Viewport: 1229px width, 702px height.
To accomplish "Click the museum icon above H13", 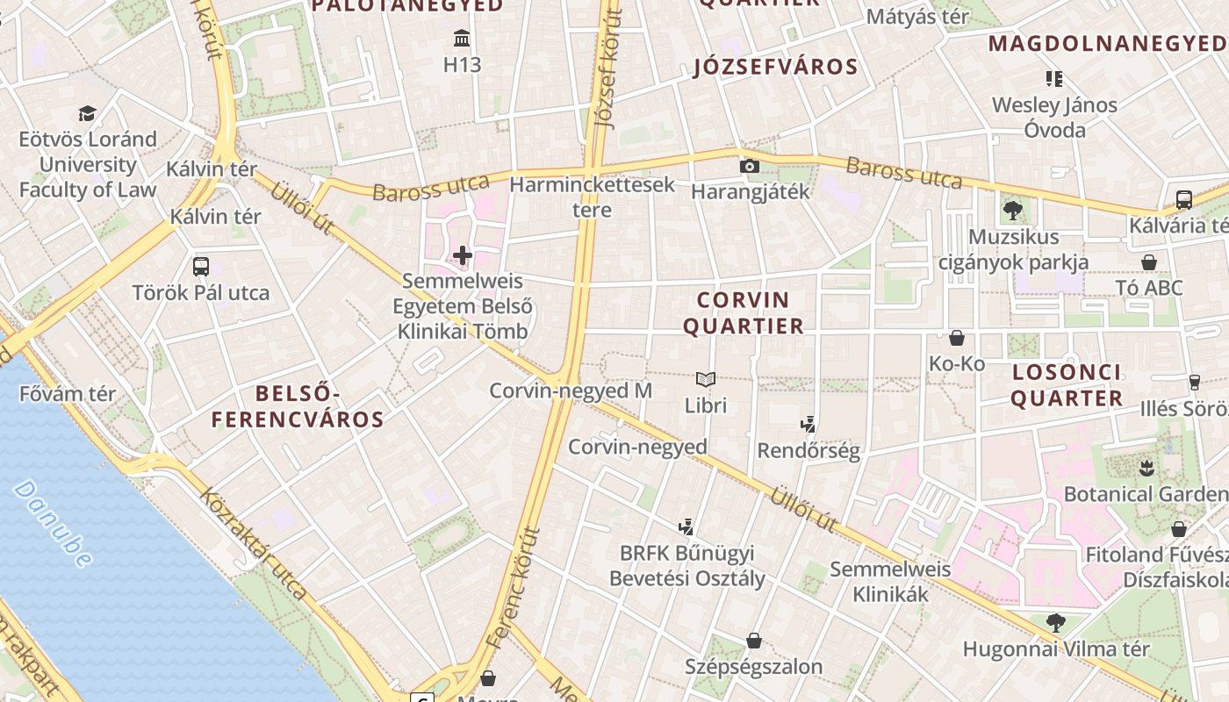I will [462, 38].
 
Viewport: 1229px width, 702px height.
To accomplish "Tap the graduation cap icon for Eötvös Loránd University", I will [87, 113].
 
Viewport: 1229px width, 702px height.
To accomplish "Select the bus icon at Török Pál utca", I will [201, 266].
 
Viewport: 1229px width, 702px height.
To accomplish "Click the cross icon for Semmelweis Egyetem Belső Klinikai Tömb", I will [462, 255].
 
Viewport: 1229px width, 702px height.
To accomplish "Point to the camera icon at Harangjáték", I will [749, 166].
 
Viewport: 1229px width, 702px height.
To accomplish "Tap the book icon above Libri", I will [706, 379].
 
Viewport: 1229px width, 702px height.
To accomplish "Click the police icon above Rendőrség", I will [809, 425].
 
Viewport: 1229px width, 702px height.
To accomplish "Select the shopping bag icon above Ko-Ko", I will [957, 337].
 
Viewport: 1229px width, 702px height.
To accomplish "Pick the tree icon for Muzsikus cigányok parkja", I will [1013, 211].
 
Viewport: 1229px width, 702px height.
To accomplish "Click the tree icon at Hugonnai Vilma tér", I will [1055, 623].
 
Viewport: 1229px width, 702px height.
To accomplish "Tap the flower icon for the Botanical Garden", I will [1145, 468].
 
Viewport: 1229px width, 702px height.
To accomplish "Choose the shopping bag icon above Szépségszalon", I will [753, 641].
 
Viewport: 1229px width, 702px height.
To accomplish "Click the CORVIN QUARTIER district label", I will [744, 313].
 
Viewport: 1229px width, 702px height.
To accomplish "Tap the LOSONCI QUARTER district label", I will [1067, 385].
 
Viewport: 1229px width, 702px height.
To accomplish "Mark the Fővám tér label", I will [67, 394].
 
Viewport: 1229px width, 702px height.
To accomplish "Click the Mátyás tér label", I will [917, 17].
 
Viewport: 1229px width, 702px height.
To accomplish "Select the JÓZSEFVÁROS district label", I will [775, 67].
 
